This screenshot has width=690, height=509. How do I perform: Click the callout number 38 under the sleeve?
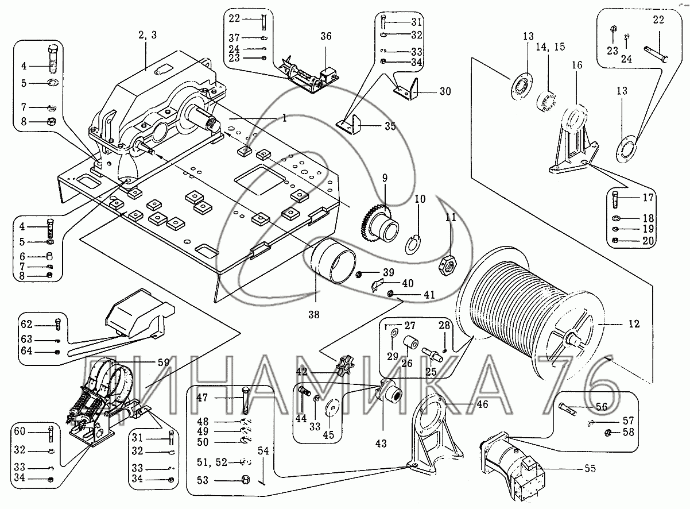pos(313,314)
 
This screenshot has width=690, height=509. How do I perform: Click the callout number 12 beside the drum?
pos(633,324)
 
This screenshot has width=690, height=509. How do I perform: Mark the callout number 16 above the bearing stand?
pos(576,65)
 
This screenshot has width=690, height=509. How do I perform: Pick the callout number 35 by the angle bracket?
pos(390,126)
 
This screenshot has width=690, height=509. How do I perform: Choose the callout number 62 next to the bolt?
pos(28,323)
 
